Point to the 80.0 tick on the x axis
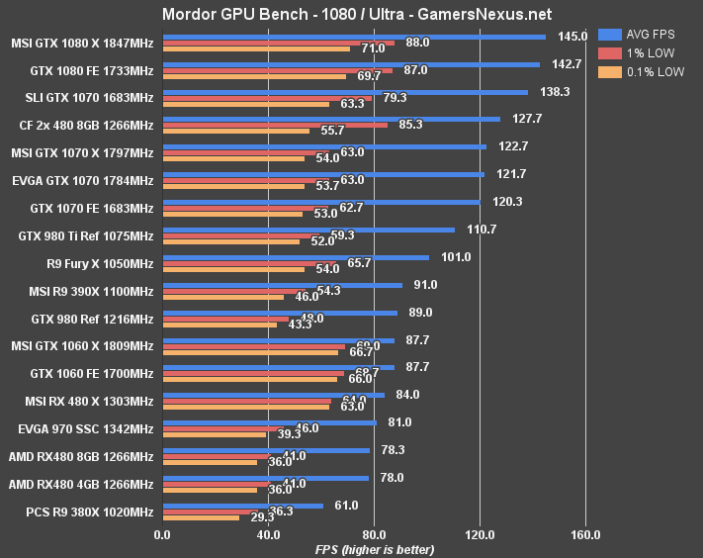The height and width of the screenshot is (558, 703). coord(374,535)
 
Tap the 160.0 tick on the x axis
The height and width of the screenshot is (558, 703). coord(585,535)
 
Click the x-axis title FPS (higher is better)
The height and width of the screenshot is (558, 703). coord(374,549)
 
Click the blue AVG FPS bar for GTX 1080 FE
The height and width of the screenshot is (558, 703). coord(350,64)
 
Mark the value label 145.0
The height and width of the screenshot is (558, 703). coord(572,37)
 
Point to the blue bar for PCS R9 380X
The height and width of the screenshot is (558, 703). coord(242,506)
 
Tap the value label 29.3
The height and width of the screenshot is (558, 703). coord(264,517)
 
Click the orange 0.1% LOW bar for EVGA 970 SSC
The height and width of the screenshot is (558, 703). coord(214,434)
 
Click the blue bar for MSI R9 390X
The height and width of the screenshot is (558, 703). coord(282,285)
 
